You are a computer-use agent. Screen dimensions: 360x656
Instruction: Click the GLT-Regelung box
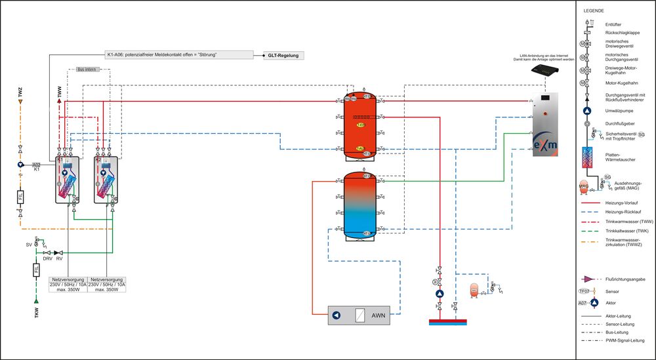point(283,56)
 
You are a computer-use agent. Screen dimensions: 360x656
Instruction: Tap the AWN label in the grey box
point(379,315)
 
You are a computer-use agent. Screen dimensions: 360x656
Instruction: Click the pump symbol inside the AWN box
point(337,315)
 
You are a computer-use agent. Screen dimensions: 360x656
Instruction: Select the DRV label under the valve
point(47,258)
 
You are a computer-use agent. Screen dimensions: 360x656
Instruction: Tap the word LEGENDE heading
point(594,10)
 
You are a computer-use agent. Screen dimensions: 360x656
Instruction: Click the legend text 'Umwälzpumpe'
point(619,111)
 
